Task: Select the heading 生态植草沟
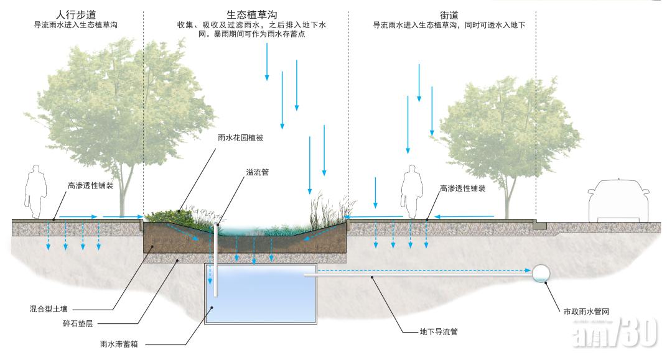(251, 14)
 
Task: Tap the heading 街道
(449, 14)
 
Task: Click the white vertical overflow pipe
(217, 261)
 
